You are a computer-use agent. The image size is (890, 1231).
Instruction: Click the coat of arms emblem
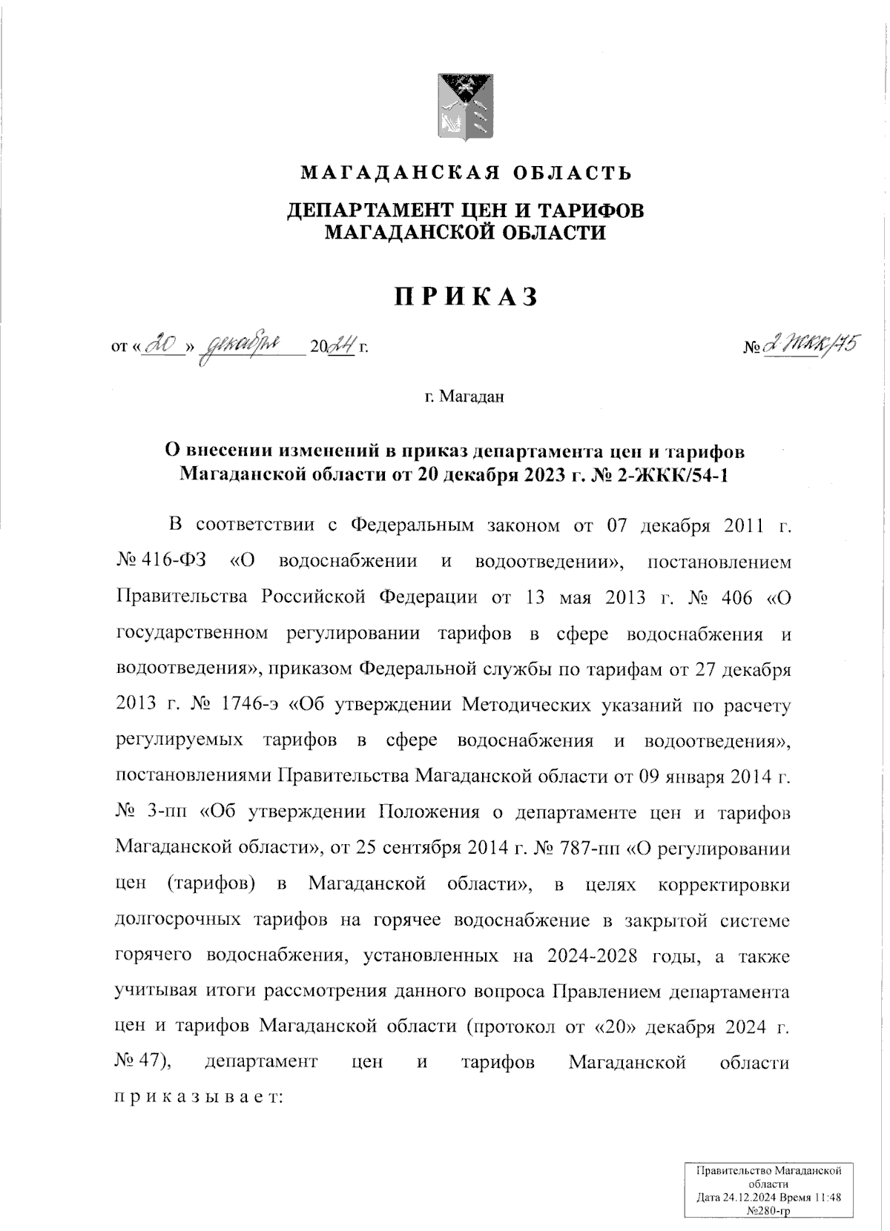pyautogui.click(x=465, y=107)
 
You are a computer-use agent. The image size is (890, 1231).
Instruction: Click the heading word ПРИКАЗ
pyautogui.click(x=465, y=297)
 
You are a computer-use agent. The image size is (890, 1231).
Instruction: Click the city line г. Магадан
pyautogui.click(x=464, y=397)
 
